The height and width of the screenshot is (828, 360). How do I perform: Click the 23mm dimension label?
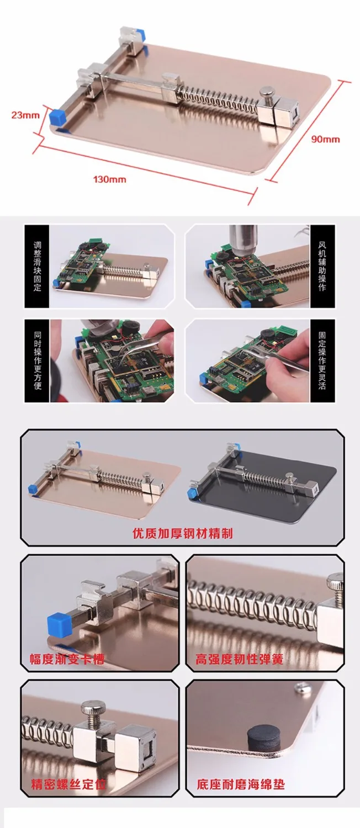coord(25,115)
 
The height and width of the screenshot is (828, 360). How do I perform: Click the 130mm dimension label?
coord(109,179)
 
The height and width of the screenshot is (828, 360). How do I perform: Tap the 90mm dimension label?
coord(325,139)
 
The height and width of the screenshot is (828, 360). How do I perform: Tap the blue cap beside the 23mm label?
coord(57,118)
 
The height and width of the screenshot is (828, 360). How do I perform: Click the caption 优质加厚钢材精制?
coord(183,533)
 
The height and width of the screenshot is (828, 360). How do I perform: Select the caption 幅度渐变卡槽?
coord(67,659)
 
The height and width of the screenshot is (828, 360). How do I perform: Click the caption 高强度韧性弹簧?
coord(239,659)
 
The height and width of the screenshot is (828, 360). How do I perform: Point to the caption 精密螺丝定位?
coord(69,784)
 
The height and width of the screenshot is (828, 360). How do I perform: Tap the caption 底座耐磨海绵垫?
coord(241,784)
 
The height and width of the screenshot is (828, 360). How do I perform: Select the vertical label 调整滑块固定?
coord(38,266)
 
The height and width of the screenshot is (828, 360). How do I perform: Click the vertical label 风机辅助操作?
coord(322,266)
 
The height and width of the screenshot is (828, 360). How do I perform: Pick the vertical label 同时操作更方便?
coord(38,360)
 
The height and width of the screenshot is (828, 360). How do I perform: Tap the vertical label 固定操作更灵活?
coord(322,360)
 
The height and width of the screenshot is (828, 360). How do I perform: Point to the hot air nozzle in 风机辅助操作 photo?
coord(242,238)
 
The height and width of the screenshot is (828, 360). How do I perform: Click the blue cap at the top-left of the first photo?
coord(140,34)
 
